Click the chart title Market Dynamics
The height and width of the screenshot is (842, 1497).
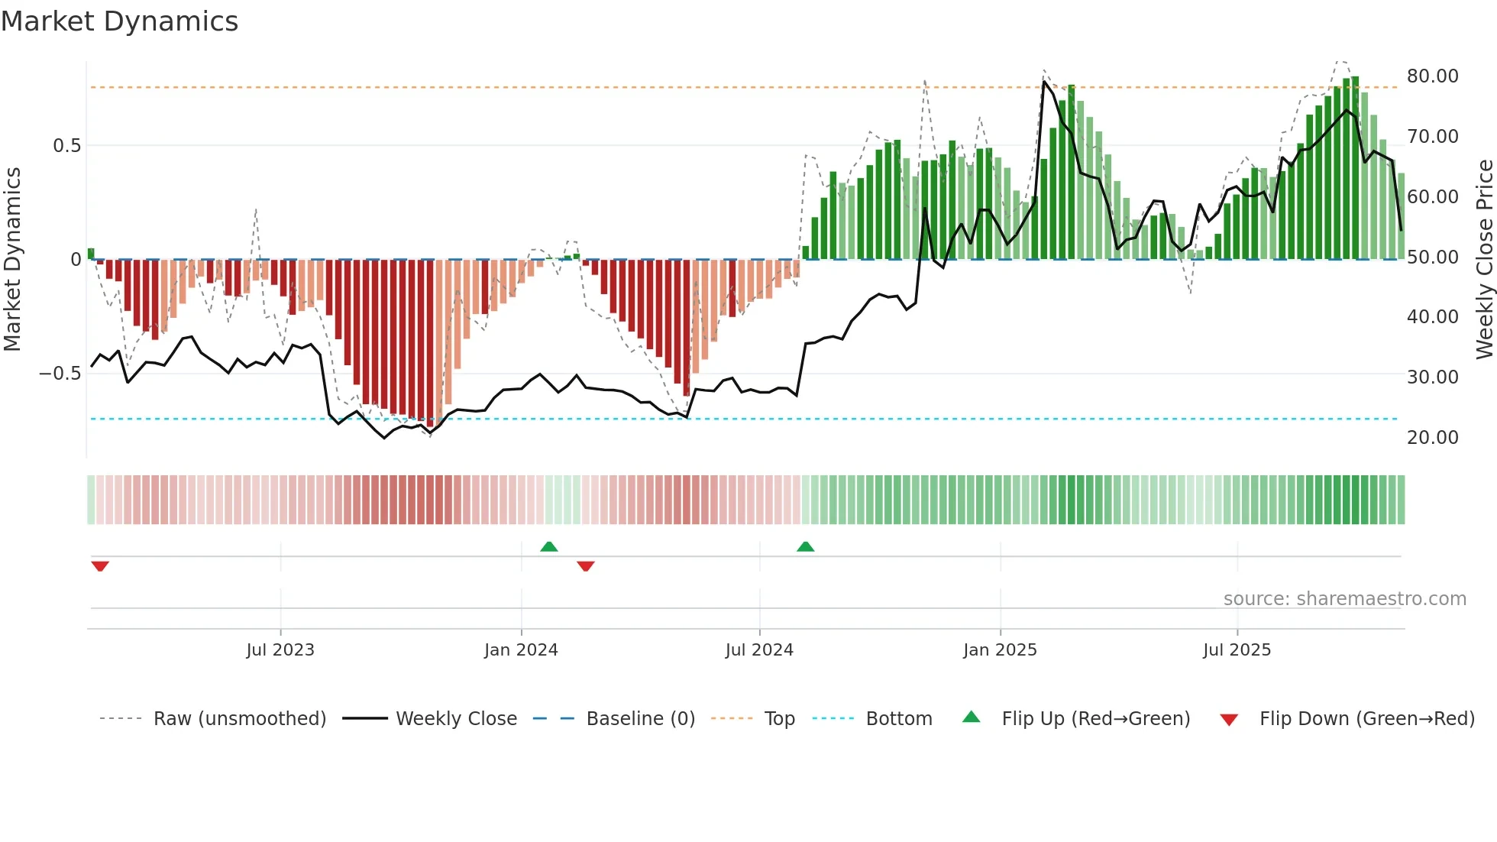119,21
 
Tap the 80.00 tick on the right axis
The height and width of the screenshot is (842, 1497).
1432,76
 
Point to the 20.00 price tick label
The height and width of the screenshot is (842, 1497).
1432,438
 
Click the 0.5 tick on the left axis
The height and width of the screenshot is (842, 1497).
66,146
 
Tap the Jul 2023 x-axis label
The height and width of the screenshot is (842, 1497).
280,650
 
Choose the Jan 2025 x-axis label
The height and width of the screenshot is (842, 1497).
1000,650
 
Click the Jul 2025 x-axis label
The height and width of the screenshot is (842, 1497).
1237,650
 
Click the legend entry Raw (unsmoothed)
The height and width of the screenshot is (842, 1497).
239,719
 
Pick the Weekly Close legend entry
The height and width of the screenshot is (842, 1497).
456,719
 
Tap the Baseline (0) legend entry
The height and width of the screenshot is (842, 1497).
640,719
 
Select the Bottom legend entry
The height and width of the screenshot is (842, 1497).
898,719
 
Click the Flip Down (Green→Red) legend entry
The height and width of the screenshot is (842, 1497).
1366,719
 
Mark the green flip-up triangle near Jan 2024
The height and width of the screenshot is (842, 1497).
548,547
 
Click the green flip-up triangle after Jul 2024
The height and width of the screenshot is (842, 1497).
805,547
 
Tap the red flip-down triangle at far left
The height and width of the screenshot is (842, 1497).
100,566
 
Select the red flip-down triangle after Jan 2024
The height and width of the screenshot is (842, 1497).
586,566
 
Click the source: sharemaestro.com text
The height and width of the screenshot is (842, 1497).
1344,599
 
